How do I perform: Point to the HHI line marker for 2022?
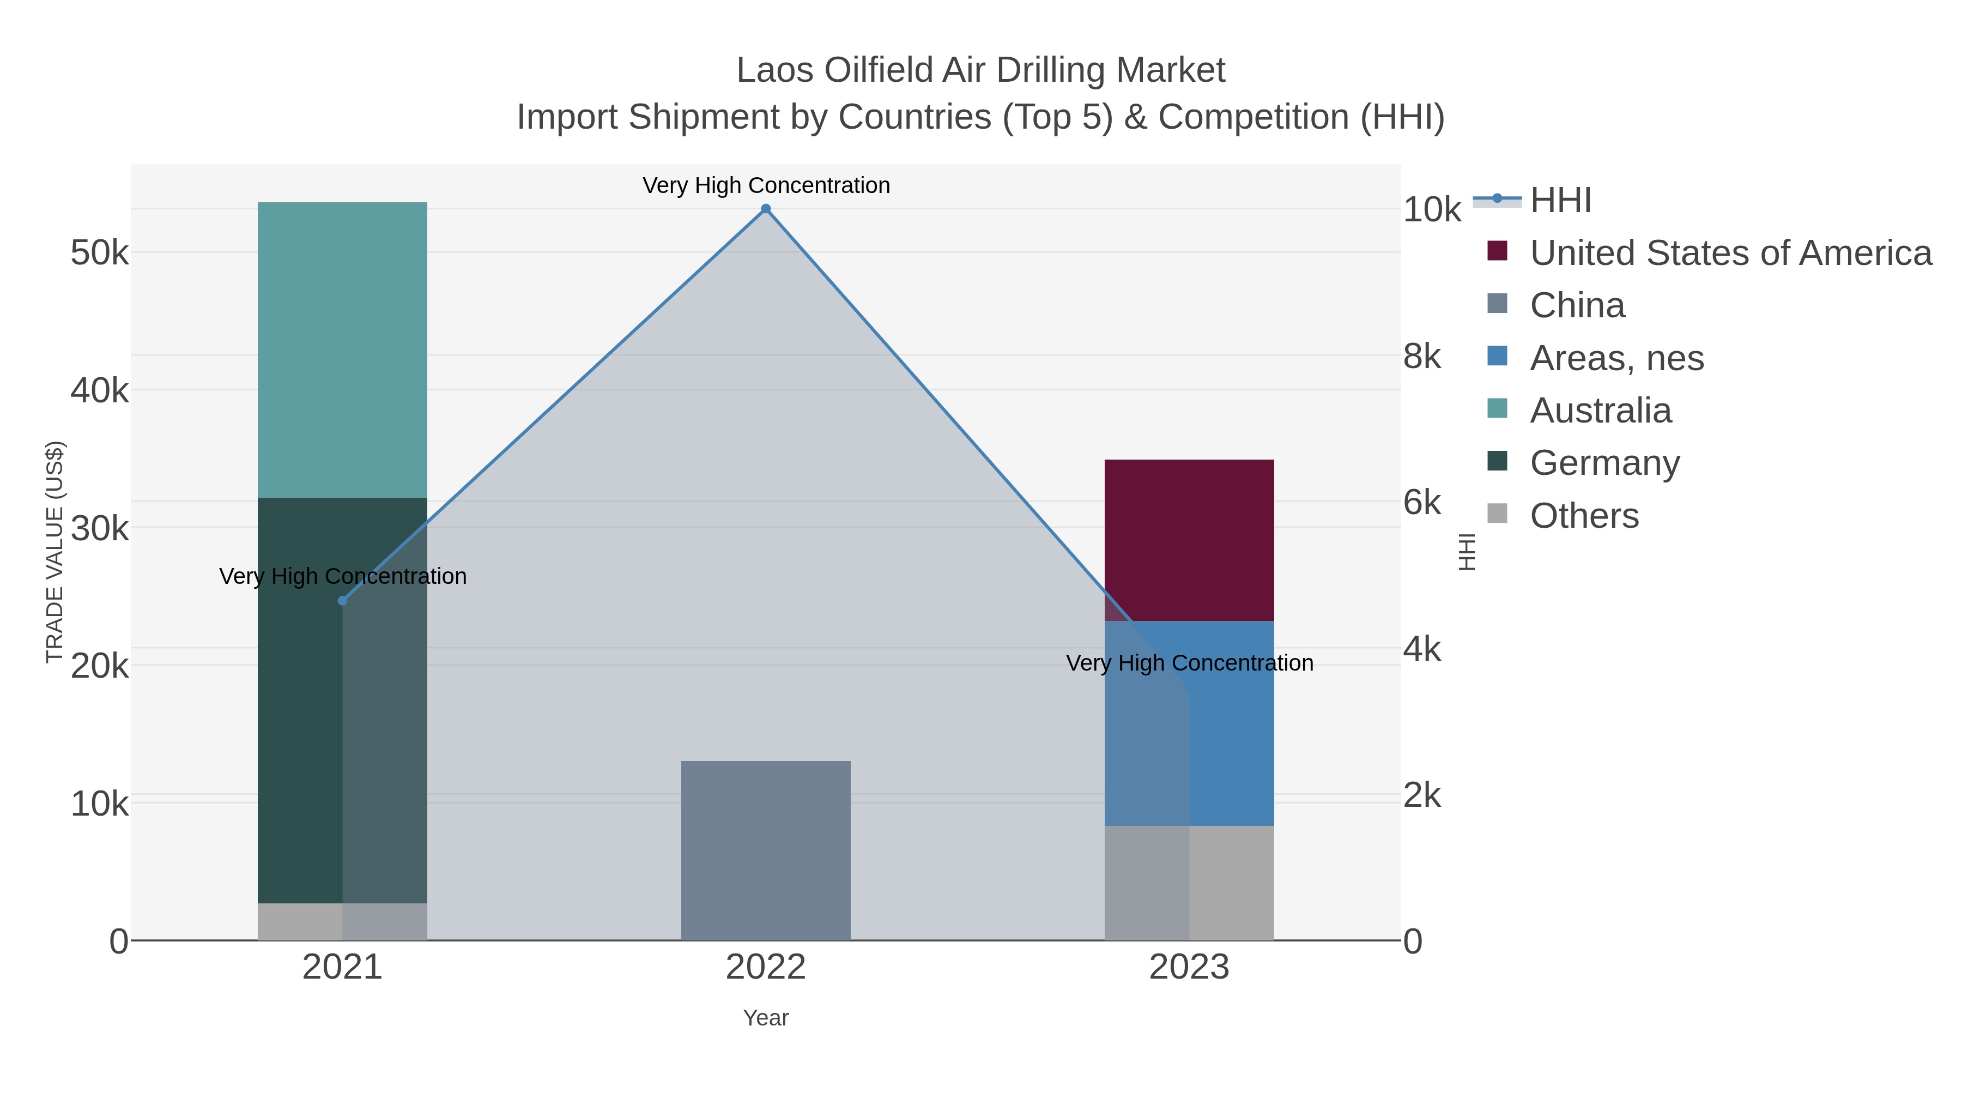[x=766, y=209]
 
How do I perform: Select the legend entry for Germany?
[x=1604, y=463]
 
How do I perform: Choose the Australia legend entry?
[x=1600, y=411]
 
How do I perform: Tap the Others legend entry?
[x=1583, y=516]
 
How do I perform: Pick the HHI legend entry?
[x=1560, y=201]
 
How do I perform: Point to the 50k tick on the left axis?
[x=100, y=253]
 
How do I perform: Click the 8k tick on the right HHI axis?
[x=1422, y=357]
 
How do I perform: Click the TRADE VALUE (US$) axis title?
[x=55, y=552]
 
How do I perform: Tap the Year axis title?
[x=766, y=1018]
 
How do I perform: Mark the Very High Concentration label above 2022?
[x=766, y=185]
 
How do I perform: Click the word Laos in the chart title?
[x=776, y=70]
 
